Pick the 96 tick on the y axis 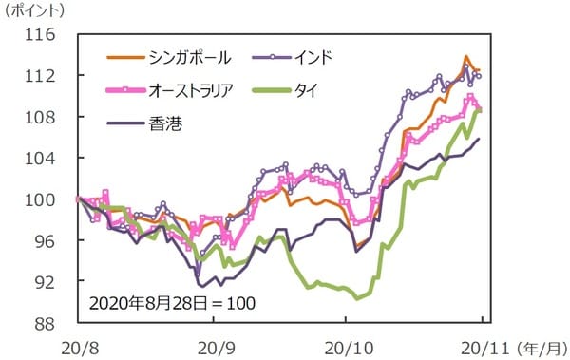47,241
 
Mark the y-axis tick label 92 47,283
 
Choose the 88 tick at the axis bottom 47,324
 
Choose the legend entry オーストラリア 194,90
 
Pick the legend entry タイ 304,90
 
